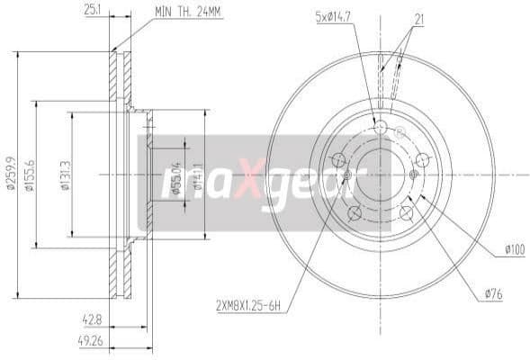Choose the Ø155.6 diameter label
pyautogui.click(x=30, y=175)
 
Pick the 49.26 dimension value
pyautogui.click(x=90, y=340)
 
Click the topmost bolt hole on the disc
pyautogui.click(x=380, y=128)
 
